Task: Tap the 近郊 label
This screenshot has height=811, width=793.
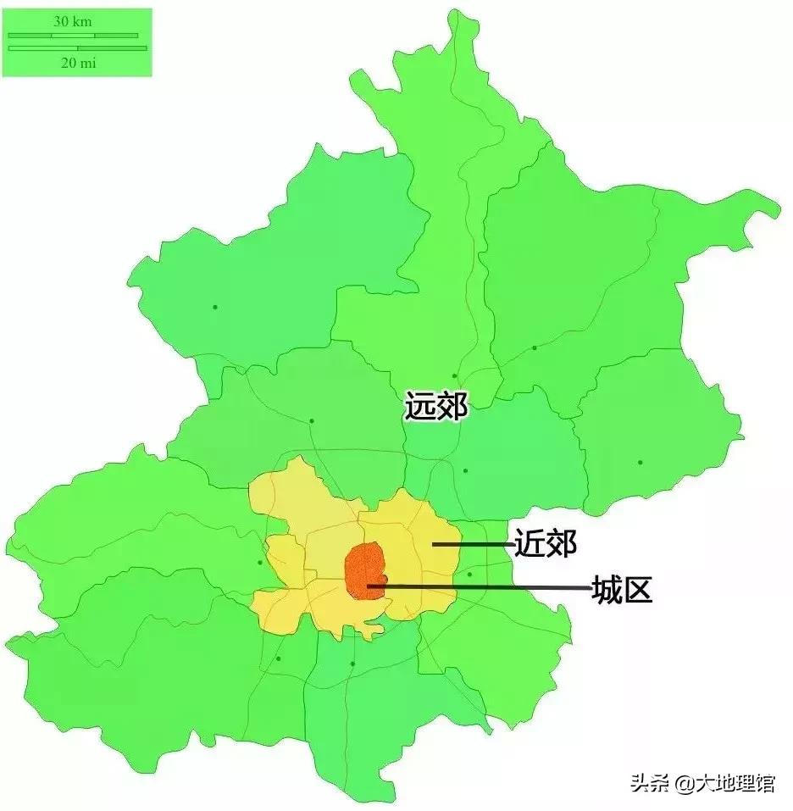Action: [545, 542]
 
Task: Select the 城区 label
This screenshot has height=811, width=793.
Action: [622, 588]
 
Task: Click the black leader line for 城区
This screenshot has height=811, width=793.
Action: [491, 586]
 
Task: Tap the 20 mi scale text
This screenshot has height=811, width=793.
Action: [76, 64]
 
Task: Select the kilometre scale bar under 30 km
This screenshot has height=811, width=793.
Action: [73, 36]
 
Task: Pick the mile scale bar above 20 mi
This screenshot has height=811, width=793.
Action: [76, 48]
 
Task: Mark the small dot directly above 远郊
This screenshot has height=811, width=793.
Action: [455, 375]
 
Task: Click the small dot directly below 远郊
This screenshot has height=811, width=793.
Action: [465, 470]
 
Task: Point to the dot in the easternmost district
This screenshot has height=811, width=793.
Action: [640, 462]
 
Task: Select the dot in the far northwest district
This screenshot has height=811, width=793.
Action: [215, 306]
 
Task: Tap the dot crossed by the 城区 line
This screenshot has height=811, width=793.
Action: [469, 575]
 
